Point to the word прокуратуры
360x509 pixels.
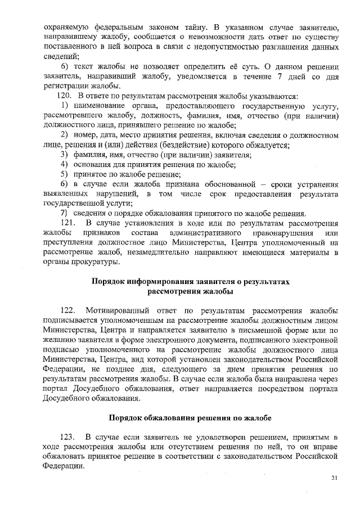(x=94, y=262)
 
